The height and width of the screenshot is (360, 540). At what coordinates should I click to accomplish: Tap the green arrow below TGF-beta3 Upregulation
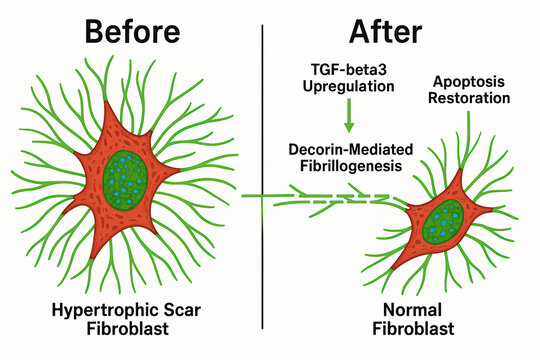(349, 117)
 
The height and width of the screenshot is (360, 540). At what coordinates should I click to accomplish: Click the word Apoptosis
(469, 80)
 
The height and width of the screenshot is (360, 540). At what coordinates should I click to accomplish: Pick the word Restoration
(469, 98)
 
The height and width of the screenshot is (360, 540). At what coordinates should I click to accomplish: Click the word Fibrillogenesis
(347, 164)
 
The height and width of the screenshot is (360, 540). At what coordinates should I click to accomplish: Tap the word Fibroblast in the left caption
(132, 328)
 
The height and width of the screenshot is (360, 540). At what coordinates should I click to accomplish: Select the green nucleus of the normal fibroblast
(440, 223)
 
